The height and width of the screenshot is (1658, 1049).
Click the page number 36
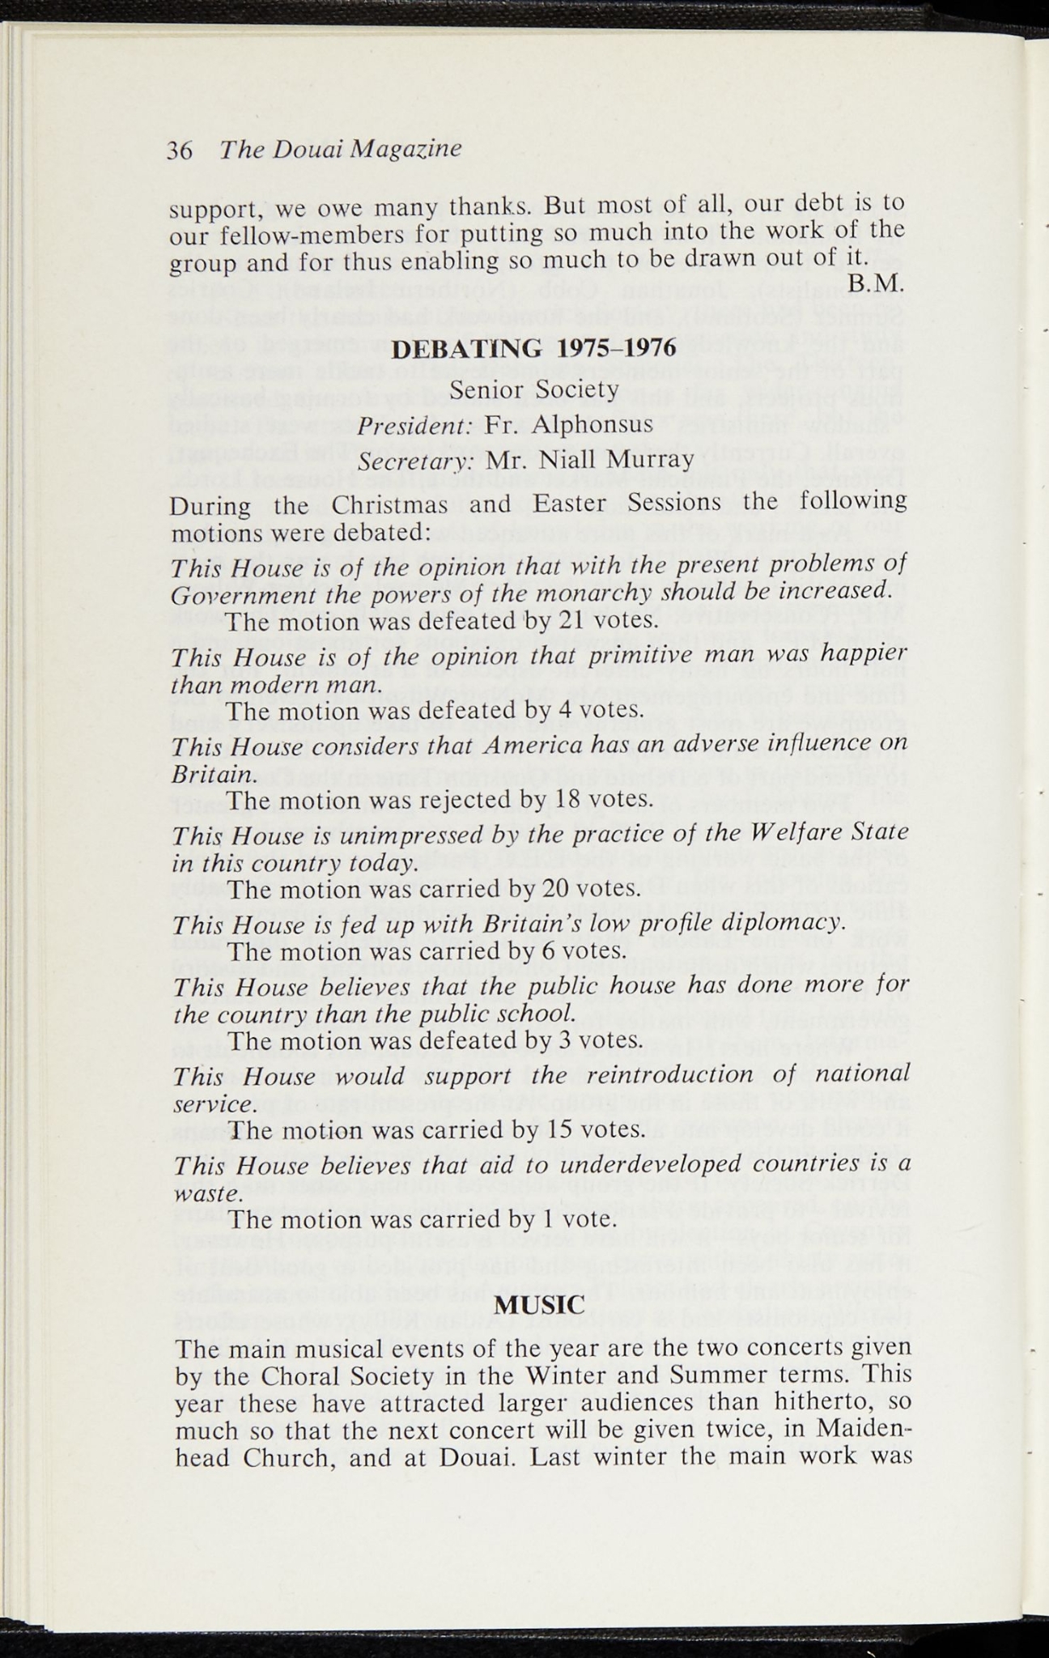[x=179, y=151]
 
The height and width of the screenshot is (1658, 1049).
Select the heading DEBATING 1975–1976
[x=533, y=350]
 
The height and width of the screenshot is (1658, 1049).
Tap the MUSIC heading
[x=539, y=1305]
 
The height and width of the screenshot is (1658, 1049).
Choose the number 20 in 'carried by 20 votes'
[x=558, y=890]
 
